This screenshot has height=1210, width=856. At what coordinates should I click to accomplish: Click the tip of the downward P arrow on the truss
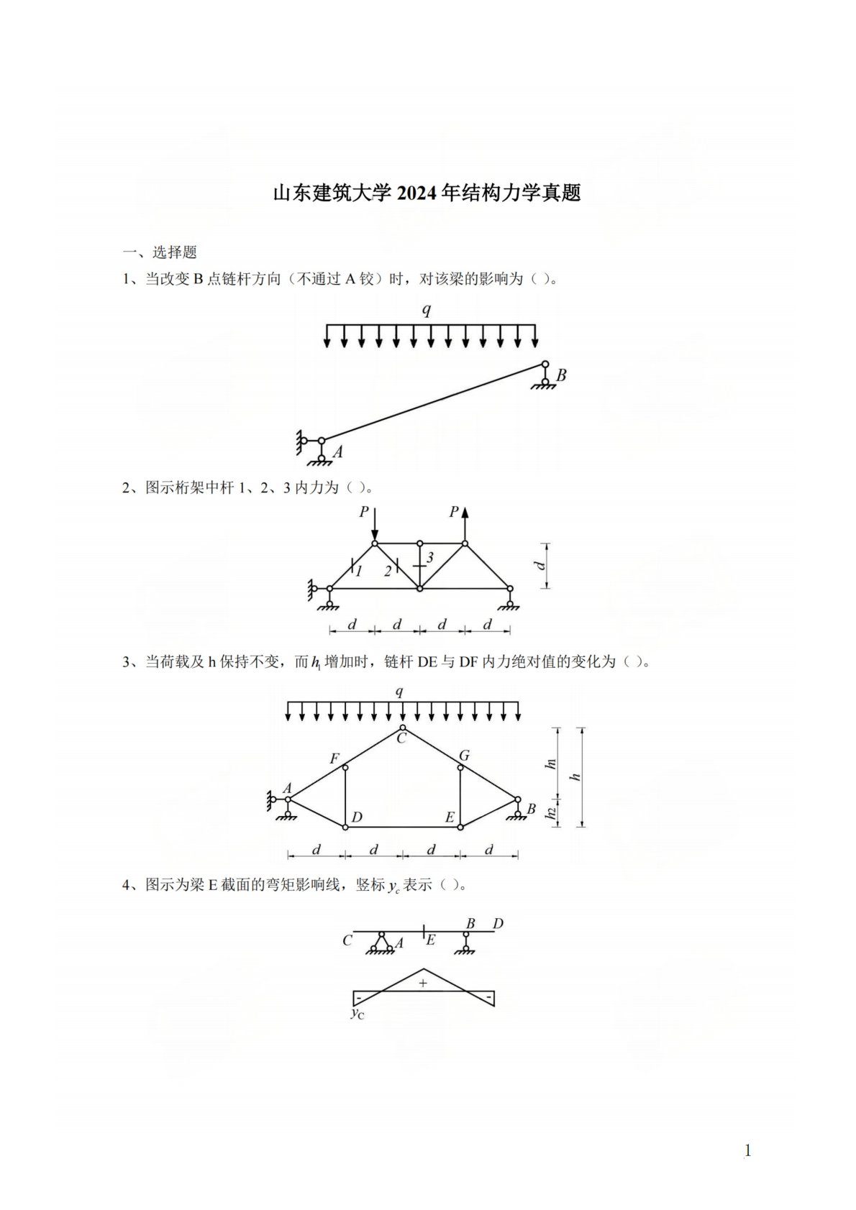click(375, 540)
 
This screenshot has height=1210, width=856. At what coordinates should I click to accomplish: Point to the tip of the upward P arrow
click(465, 508)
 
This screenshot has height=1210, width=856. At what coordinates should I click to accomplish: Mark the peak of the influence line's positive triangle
click(423, 968)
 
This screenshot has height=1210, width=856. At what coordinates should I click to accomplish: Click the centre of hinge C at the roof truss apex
click(403, 727)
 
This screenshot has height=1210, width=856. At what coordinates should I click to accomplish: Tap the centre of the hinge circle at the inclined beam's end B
click(545, 364)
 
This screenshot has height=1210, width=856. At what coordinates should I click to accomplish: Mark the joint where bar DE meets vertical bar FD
click(345, 827)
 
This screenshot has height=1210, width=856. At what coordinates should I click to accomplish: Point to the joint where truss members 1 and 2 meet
click(375, 544)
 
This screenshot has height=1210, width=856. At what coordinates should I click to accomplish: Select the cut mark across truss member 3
click(419, 566)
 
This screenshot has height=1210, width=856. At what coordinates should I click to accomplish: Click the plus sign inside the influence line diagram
click(422, 983)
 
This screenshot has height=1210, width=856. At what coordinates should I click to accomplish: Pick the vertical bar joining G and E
click(460, 797)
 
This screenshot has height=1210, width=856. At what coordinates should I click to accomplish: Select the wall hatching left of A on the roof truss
click(268, 800)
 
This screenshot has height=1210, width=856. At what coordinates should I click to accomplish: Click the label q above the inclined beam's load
click(427, 310)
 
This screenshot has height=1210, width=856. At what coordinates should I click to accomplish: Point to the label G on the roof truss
click(464, 755)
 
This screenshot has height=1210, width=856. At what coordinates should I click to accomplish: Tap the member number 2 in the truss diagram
click(388, 571)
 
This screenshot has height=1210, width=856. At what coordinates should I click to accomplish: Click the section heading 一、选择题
click(160, 252)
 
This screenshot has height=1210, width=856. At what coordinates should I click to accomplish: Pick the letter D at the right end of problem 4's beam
click(498, 925)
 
